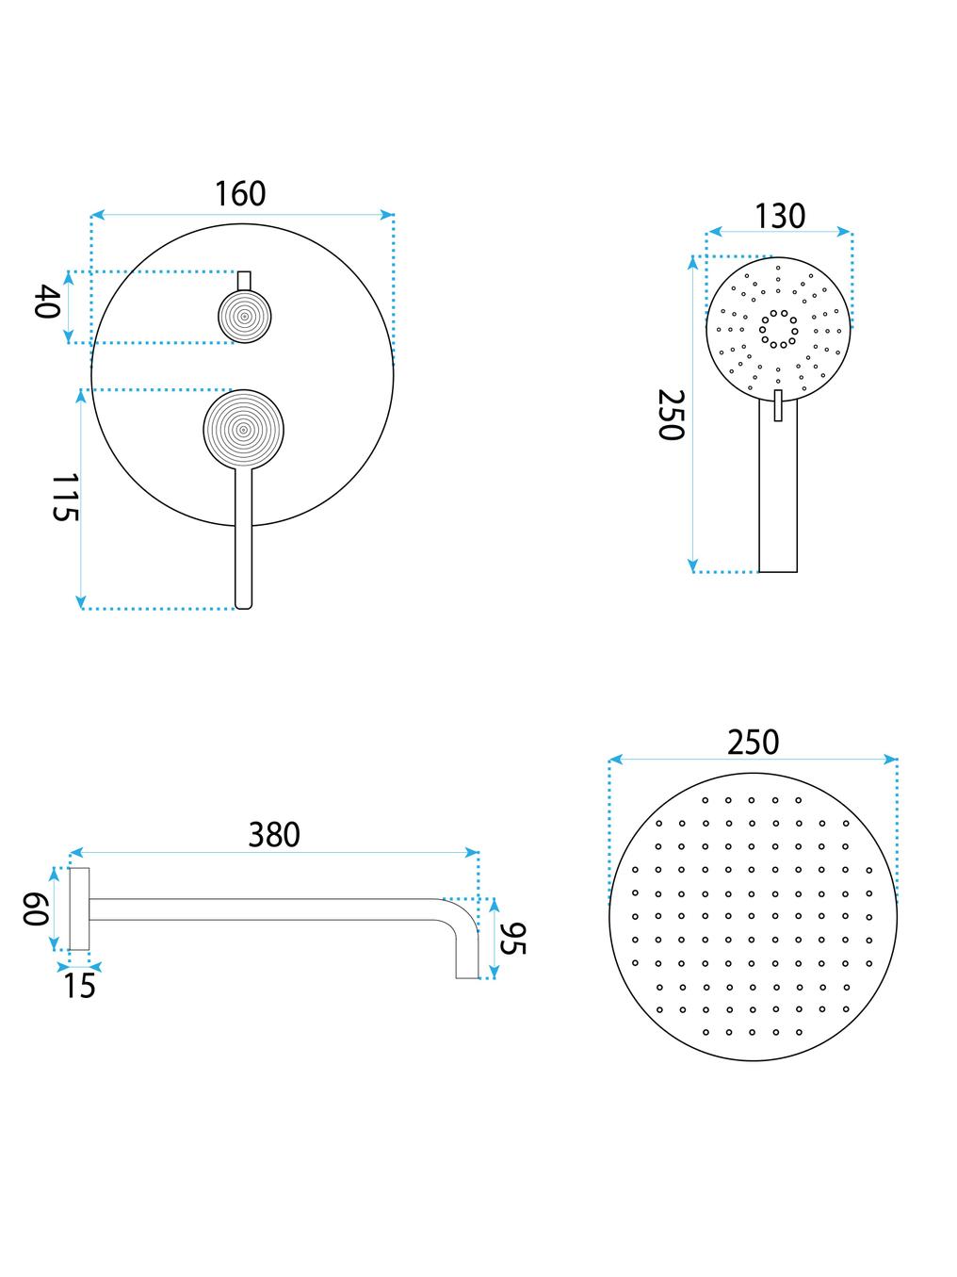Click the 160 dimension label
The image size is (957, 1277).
(x=240, y=194)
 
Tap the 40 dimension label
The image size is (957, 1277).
(x=48, y=302)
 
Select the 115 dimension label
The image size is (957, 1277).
(x=66, y=498)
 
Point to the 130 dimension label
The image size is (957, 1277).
(x=780, y=216)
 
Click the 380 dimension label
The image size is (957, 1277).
(x=274, y=834)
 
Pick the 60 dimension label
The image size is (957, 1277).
(x=35, y=909)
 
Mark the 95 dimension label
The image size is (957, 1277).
(x=513, y=939)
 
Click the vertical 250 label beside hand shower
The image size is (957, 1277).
(x=671, y=416)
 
